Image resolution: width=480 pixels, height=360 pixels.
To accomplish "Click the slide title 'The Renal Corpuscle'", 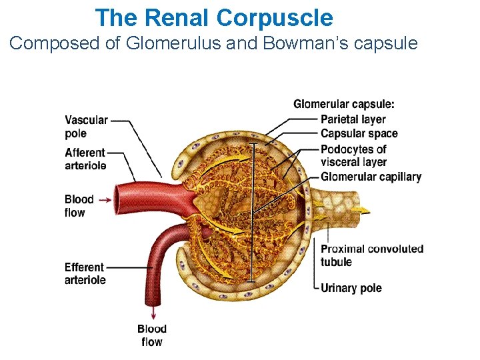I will pyautogui.click(x=213, y=17).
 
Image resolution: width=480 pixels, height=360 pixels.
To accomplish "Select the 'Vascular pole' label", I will pyautogui.click(x=86, y=126).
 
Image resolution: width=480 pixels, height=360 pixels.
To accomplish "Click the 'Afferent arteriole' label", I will pyautogui.click(x=85, y=159).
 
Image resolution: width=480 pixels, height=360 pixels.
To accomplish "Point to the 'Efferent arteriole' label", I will pyautogui.click(x=85, y=273).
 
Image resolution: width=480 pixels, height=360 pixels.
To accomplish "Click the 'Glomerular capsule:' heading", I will pyautogui.click(x=343, y=104).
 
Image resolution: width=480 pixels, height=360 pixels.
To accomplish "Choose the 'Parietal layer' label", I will pyautogui.click(x=353, y=119).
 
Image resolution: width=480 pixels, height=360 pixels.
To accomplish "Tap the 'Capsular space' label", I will pyautogui.click(x=359, y=134).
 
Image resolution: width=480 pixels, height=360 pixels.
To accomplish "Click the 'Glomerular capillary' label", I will pyautogui.click(x=371, y=177).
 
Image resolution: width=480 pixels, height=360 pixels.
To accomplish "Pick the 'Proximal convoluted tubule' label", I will pyautogui.click(x=371, y=255).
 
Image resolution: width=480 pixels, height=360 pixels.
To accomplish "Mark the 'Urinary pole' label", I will pyautogui.click(x=351, y=288).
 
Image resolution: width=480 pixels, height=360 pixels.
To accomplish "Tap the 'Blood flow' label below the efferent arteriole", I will pyautogui.click(x=151, y=335).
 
